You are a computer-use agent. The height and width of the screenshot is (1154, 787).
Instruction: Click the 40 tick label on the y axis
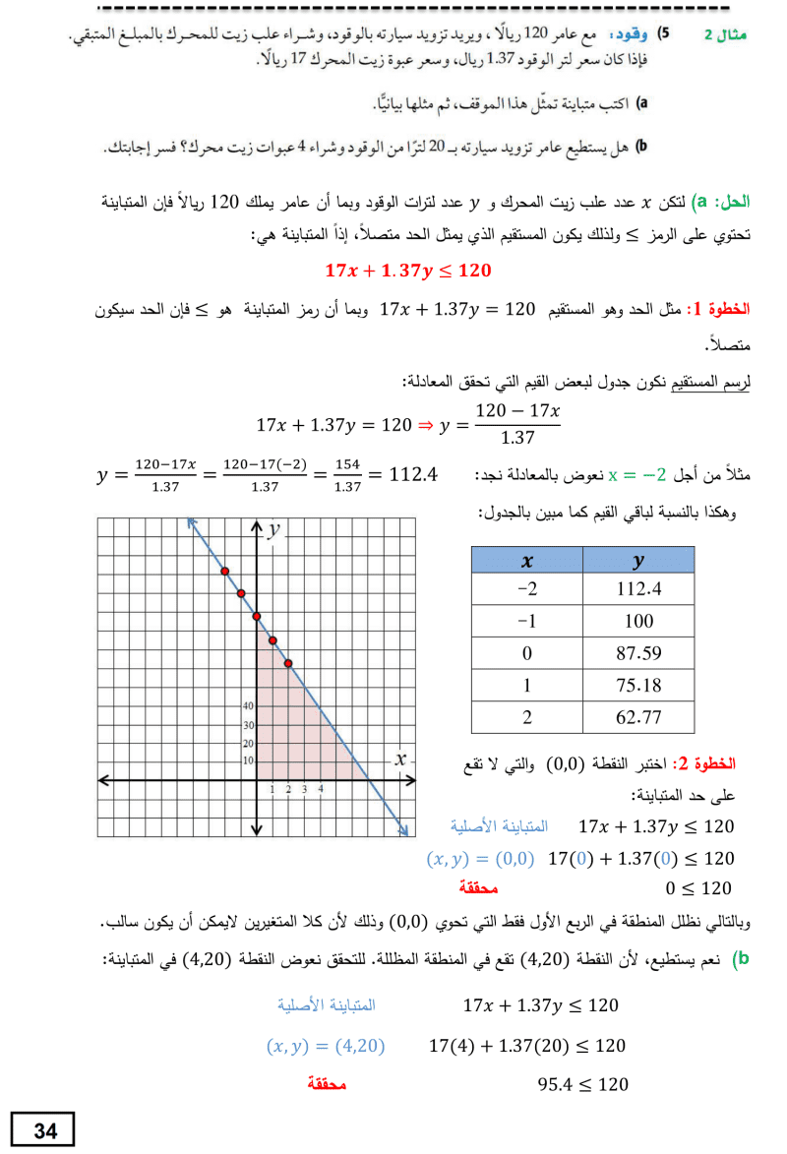(248, 706)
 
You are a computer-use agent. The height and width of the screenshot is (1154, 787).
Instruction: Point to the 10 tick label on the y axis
(248, 760)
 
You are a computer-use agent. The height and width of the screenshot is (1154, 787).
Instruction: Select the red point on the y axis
(257, 617)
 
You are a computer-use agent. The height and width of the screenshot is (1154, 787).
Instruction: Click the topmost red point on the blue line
(225, 571)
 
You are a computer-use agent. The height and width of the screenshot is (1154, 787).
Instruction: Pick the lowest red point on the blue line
(288, 663)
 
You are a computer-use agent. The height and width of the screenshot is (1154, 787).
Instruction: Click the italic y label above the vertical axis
(274, 529)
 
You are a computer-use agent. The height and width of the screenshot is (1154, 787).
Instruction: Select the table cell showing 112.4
(637, 588)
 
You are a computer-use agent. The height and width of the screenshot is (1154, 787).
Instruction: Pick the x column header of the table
(527, 560)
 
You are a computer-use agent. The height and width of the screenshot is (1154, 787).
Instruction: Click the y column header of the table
(637, 560)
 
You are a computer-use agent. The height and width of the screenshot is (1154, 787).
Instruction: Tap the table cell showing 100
(637, 621)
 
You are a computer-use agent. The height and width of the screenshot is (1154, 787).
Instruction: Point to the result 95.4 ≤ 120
(582, 1084)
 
